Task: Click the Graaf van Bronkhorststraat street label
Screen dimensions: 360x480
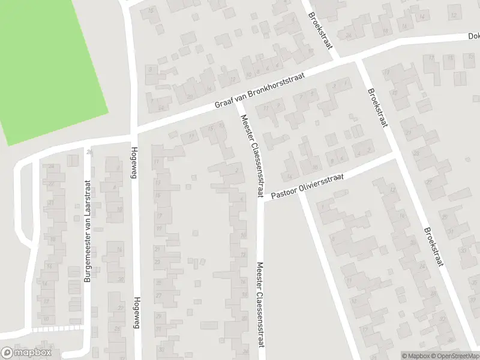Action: click(261, 92)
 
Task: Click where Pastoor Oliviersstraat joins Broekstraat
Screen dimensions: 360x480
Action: click(394, 154)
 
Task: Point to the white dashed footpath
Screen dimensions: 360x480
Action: click(57, 329)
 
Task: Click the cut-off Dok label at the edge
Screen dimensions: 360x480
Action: click(473, 36)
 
